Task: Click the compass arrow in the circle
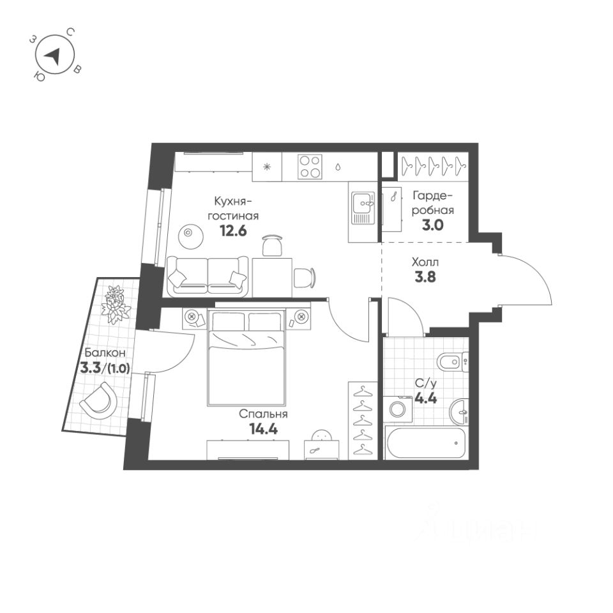point(54,57)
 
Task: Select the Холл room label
point(425,262)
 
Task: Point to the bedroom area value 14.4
point(263,428)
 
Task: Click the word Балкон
point(100,352)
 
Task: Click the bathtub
point(427,443)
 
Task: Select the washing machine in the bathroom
point(400,409)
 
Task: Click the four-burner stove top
point(310,167)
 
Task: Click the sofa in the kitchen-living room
point(208,276)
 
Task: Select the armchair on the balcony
point(99,401)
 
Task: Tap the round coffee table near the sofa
point(188,234)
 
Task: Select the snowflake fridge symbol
point(268,167)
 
